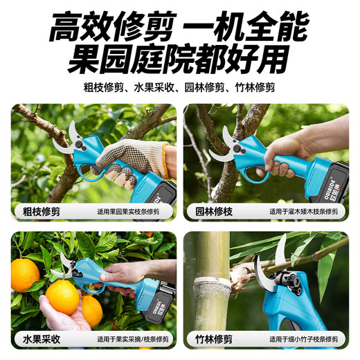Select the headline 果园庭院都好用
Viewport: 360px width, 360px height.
(x=179, y=60)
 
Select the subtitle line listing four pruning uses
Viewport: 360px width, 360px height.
(x=179, y=88)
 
